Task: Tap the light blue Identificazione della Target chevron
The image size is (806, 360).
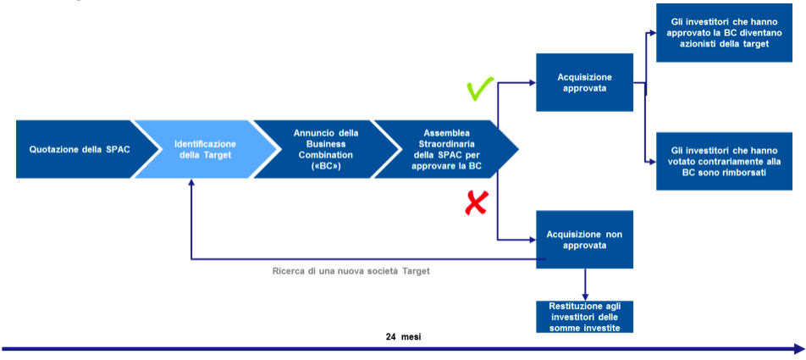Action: (206, 149)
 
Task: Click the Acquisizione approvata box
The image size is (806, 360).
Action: (585, 82)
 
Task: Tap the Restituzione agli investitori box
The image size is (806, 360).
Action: (585, 316)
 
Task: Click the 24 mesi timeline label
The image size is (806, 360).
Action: (403, 336)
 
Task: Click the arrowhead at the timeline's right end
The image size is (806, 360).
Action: (798, 348)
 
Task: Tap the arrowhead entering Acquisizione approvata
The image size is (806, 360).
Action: (532, 83)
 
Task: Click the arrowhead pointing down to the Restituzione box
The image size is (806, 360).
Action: (585, 293)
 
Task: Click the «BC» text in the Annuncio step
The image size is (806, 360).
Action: (326, 167)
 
